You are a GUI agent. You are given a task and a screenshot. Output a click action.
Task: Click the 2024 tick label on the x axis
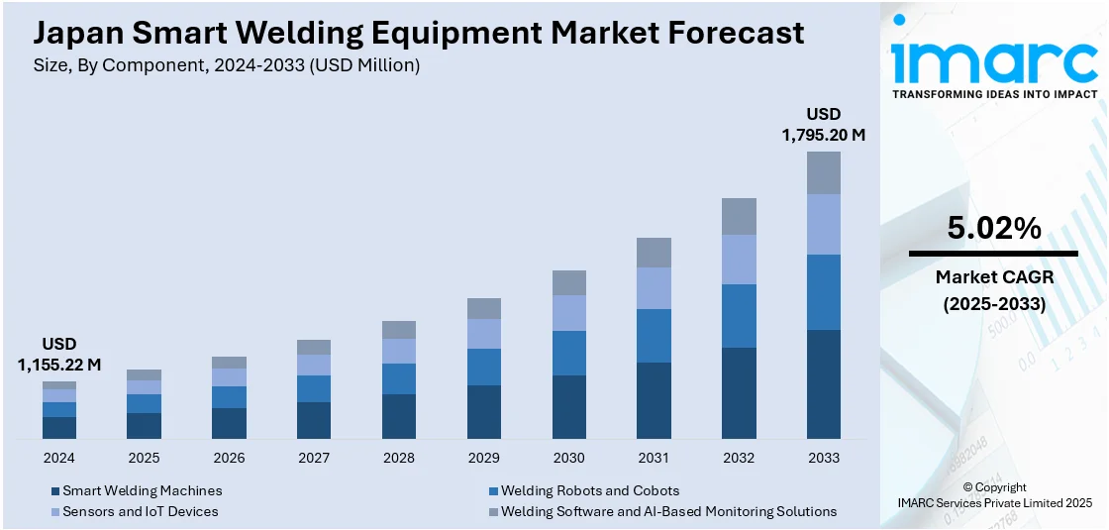(59, 458)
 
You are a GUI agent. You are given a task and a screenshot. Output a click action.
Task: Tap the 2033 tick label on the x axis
(823, 458)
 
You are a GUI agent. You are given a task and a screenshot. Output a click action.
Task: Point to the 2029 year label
(483, 458)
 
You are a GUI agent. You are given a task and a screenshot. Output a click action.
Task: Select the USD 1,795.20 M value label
(823, 124)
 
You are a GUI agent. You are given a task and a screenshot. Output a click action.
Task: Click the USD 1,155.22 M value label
(59, 355)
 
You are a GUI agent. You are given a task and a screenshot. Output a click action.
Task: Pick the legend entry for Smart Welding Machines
(142, 490)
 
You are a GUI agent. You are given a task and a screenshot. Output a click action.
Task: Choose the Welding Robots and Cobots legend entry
(590, 490)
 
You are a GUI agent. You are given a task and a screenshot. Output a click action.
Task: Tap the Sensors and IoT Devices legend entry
(140, 511)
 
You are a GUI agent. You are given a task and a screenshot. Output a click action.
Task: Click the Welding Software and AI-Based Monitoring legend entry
(668, 511)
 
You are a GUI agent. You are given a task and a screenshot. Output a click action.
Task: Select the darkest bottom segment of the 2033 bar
(823, 384)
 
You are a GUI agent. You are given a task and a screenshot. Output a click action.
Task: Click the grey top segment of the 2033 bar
(823, 172)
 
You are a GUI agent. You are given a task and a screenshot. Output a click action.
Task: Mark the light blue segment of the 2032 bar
(739, 260)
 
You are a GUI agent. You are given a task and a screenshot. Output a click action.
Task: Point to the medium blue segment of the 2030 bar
(568, 353)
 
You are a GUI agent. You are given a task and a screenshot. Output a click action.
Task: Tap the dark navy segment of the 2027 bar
(314, 420)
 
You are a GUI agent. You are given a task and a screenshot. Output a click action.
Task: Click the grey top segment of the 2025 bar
(144, 375)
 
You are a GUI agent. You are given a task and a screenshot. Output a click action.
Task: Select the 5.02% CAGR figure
(993, 229)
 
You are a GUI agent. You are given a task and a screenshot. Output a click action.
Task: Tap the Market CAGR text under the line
(993, 277)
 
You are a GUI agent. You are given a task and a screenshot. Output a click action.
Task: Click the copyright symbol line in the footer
(993, 487)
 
